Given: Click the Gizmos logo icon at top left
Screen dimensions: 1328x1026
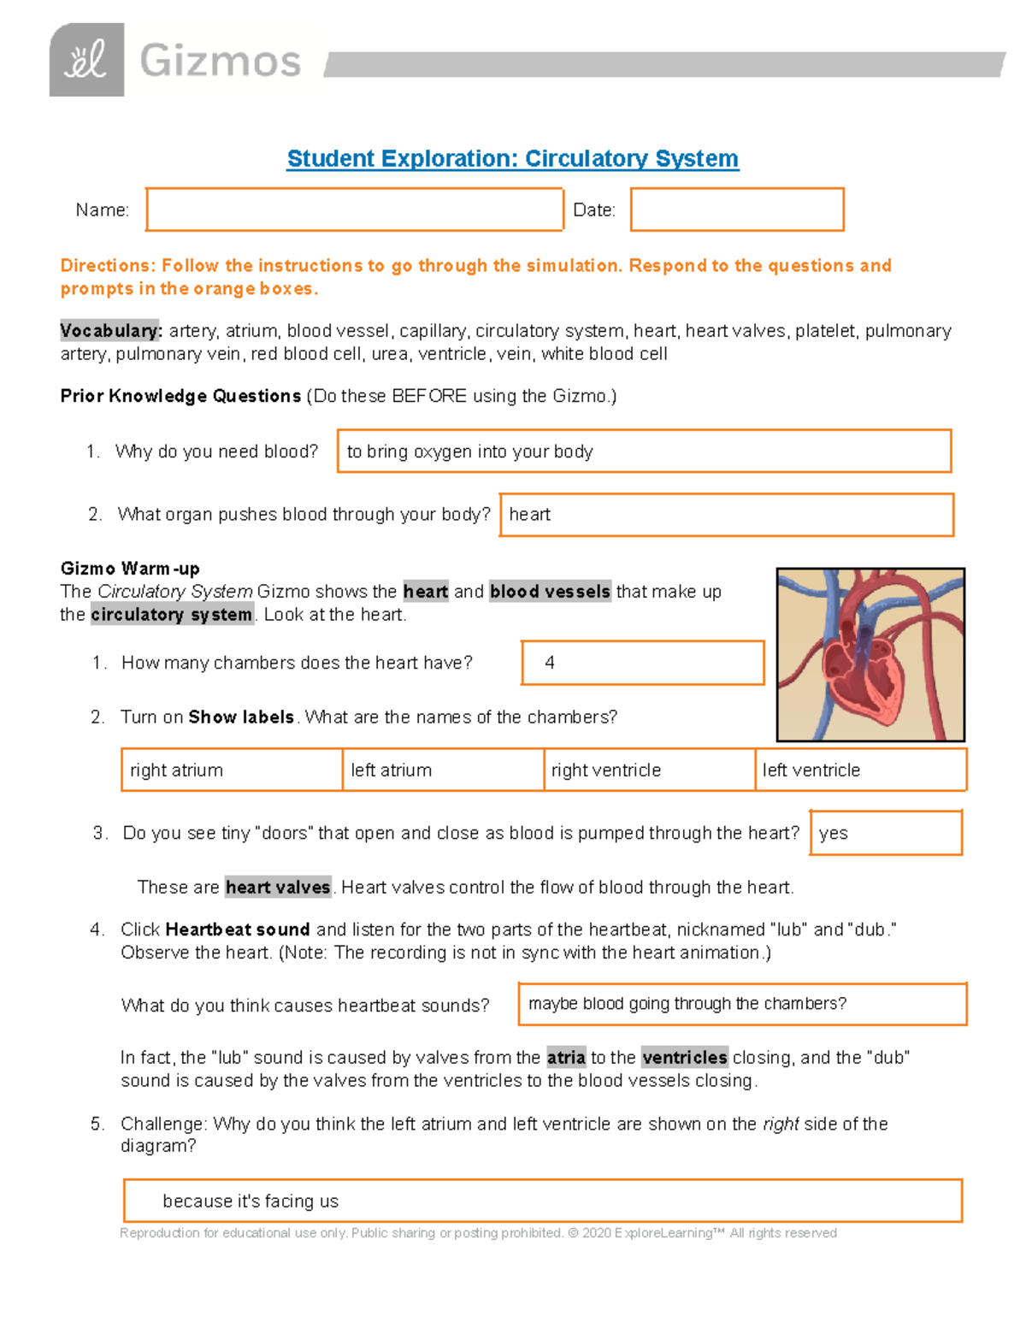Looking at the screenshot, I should (86, 60).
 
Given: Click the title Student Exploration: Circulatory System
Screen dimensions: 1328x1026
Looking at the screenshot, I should (512, 159).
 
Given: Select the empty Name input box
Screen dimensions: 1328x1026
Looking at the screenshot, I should (354, 210).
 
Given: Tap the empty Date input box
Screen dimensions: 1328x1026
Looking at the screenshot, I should (737, 210).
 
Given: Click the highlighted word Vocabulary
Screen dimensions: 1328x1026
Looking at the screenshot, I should (110, 331).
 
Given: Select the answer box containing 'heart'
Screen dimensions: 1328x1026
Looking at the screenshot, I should (726, 515).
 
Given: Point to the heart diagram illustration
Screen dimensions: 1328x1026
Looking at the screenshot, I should (870, 655).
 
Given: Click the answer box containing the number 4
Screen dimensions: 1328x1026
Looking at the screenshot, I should (642, 663).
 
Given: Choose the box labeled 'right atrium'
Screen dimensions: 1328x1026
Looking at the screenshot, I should (232, 770).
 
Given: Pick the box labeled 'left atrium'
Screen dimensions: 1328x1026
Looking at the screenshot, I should (443, 770).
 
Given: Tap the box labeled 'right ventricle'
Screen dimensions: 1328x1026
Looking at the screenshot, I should (649, 770).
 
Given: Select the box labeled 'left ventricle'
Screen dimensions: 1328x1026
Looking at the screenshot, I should (860, 770).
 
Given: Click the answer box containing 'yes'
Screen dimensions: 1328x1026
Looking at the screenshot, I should (885, 833).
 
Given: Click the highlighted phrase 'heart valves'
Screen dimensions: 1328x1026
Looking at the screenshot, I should (278, 888).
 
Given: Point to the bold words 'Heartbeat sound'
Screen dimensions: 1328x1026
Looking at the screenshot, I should (237, 930).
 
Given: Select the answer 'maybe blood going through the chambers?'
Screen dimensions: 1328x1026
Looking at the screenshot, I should (741, 1004).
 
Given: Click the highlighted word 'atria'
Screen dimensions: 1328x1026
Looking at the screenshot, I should (566, 1058).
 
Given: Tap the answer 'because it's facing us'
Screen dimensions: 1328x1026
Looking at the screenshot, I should (542, 1201).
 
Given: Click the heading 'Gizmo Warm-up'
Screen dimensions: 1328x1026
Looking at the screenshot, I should (130, 569).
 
